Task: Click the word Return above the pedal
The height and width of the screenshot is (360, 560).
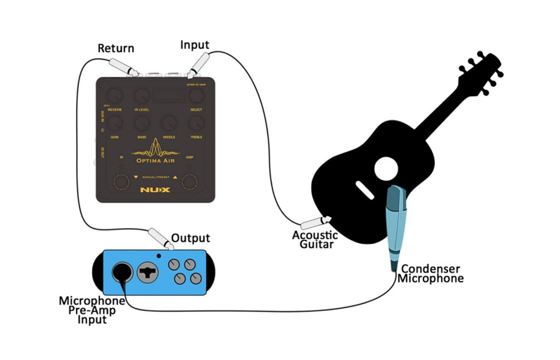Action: [115, 48]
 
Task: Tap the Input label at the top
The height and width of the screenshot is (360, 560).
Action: [195, 45]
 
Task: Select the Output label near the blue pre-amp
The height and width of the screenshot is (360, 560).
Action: [190, 238]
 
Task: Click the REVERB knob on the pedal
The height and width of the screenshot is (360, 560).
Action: [115, 96]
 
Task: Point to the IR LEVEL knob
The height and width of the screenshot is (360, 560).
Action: [142, 96]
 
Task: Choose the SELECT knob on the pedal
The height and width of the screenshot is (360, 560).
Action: [196, 96]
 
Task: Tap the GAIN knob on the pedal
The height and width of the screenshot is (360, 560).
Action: [115, 124]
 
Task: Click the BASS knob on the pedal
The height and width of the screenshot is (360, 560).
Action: [142, 124]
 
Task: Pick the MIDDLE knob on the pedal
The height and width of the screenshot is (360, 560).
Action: [169, 124]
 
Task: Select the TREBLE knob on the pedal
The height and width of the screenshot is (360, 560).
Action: [196, 124]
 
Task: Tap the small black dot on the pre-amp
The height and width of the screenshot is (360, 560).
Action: [159, 255]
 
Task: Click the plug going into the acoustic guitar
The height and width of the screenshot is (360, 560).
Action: [316, 223]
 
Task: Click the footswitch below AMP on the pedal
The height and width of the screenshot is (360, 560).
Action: [189, 182]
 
